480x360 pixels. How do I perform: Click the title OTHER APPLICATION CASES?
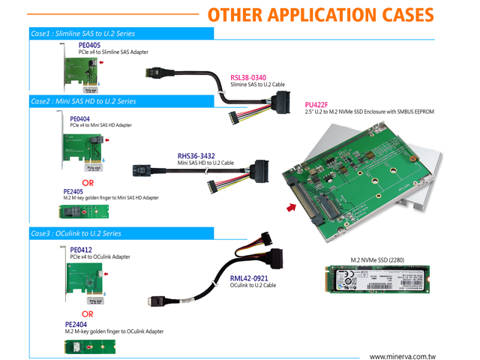[320, 16]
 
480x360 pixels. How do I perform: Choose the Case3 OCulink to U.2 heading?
[75, 234]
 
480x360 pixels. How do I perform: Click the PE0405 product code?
[89, 45]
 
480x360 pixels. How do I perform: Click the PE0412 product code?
[81, 250]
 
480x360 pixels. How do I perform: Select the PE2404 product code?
[76, 324]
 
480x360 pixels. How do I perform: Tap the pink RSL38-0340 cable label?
[248, 76]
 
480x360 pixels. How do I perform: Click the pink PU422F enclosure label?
[318, 105]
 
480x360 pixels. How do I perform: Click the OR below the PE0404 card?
[88, 181]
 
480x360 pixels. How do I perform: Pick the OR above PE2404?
[88, 314]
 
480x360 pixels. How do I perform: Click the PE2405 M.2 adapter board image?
[85, 211]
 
